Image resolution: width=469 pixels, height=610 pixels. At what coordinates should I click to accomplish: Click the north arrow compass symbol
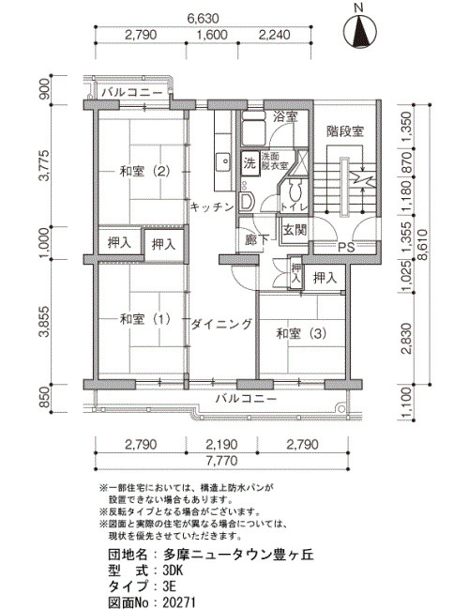click(x=359, y=31)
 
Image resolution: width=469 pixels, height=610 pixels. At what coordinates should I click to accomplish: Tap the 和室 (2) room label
click(x=144, y=171)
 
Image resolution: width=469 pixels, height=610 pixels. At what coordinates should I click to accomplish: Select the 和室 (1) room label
click(x=144, y=319)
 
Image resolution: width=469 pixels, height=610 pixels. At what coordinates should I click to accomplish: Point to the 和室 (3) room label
click(x=301, y=333)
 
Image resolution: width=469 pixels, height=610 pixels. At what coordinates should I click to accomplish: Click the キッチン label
click(x=212, y=207)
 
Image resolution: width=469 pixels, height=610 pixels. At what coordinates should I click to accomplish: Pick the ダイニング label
click(x=221, y=324)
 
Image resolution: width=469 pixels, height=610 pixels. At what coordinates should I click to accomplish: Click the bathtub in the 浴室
click(x=252, y=128)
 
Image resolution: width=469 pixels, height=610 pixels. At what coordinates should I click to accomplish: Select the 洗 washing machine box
click(x=250, y=162)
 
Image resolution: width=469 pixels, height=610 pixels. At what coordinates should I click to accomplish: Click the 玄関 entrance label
click(x=294, y=230)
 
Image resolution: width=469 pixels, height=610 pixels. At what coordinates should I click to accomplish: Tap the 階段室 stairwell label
click(x=345, y=131)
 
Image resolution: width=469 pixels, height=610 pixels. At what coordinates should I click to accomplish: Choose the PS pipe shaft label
click(x=346, y=248)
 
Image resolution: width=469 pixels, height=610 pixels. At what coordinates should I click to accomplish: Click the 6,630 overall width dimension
click(x=203, y=18)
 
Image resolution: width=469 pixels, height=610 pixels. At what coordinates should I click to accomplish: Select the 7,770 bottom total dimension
click(x=221, y=461)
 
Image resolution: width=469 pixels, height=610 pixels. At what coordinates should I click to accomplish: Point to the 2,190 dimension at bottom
click(x=221, y=444)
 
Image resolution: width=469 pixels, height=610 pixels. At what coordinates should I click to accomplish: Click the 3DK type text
click(x=172, y=571)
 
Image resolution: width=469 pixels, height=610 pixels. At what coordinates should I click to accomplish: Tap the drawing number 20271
click(x=179, y=602)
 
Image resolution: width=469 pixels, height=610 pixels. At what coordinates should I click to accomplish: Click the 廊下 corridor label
click(x=257, y=240)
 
